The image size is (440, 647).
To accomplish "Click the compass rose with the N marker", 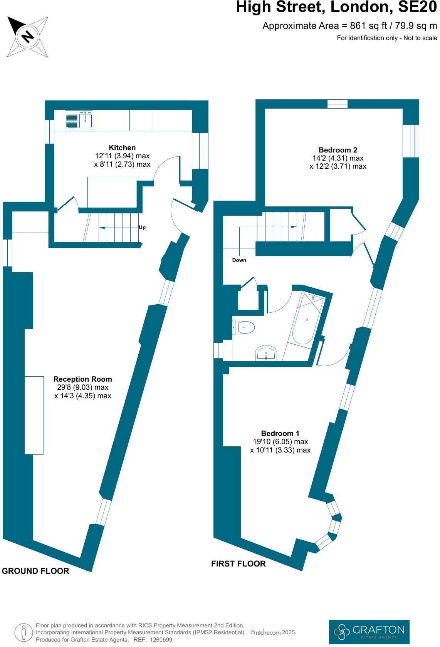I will [x=28, y=37].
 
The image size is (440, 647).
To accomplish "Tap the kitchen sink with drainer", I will [x=79, y=120].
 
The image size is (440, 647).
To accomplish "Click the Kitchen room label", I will [x=122, y=148].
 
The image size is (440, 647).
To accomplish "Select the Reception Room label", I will [x=83, y=379].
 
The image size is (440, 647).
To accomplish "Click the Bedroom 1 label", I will [x=280, y=433].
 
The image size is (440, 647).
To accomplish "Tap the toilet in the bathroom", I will [x=244, y=328].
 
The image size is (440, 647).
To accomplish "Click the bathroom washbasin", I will [x=266, y=353].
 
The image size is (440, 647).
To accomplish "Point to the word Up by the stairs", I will [x=142, y=228].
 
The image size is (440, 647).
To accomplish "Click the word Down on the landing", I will [x=239, y=260].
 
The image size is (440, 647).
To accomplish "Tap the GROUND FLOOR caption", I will [x=35, y=571].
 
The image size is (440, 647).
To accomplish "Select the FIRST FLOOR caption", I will [x=238, y=564].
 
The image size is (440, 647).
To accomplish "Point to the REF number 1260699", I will [x=162, y=640].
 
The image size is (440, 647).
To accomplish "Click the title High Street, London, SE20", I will [x=336, y=7].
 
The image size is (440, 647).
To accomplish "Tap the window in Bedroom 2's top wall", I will [x=338, y=104].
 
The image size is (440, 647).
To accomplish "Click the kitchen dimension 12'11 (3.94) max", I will [x=122, y=156].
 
